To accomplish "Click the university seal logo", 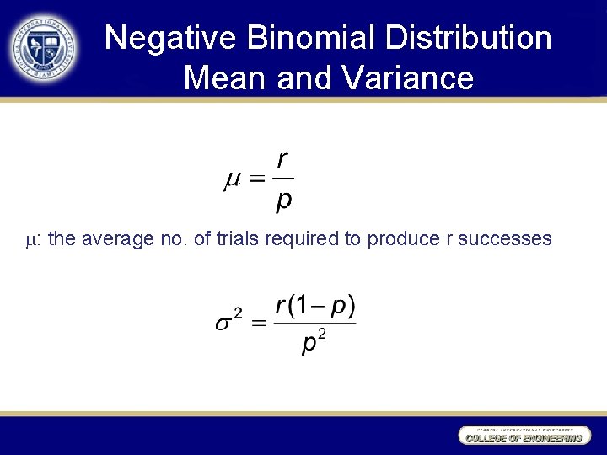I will pos(45,47).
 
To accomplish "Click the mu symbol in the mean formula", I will pos(232,180).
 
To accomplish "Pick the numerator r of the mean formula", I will pos(283,160).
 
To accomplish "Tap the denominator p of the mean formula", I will pos(284,201).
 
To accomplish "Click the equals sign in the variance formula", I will pos(259,323).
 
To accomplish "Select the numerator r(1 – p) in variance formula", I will pos(315,305).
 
